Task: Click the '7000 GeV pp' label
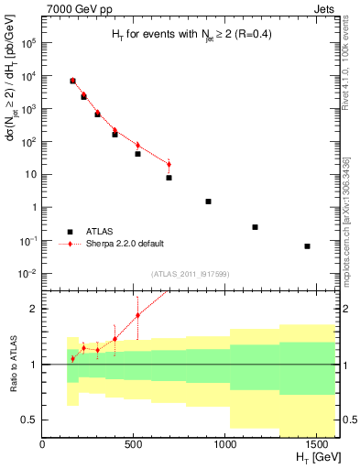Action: pyautogui.click(x=73, y=7)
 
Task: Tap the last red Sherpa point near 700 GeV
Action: pyautogui.click(x=169, y=165)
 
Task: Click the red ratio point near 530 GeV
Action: pyautogui.click(x=138, y=315)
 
